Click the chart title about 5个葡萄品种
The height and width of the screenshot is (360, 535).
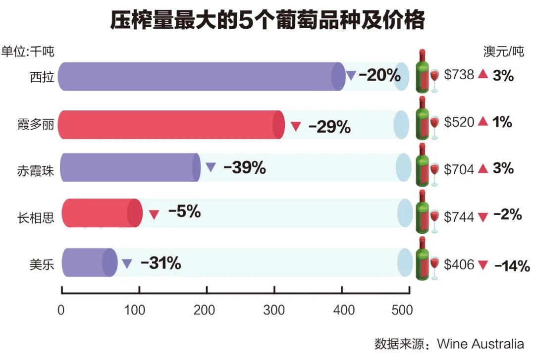(x=267, y=21)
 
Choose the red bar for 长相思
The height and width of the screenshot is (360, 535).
(x=102, y=213)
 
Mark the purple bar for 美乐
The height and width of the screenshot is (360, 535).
(x=89, y=262)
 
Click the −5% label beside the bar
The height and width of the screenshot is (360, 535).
(x=184, y=212)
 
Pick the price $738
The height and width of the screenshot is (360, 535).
(x=459, y=75)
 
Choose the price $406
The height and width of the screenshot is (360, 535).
(x=459, y=264)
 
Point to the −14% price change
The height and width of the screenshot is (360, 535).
(x=512, y=265)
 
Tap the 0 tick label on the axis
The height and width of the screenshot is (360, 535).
(x=61, y=310)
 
